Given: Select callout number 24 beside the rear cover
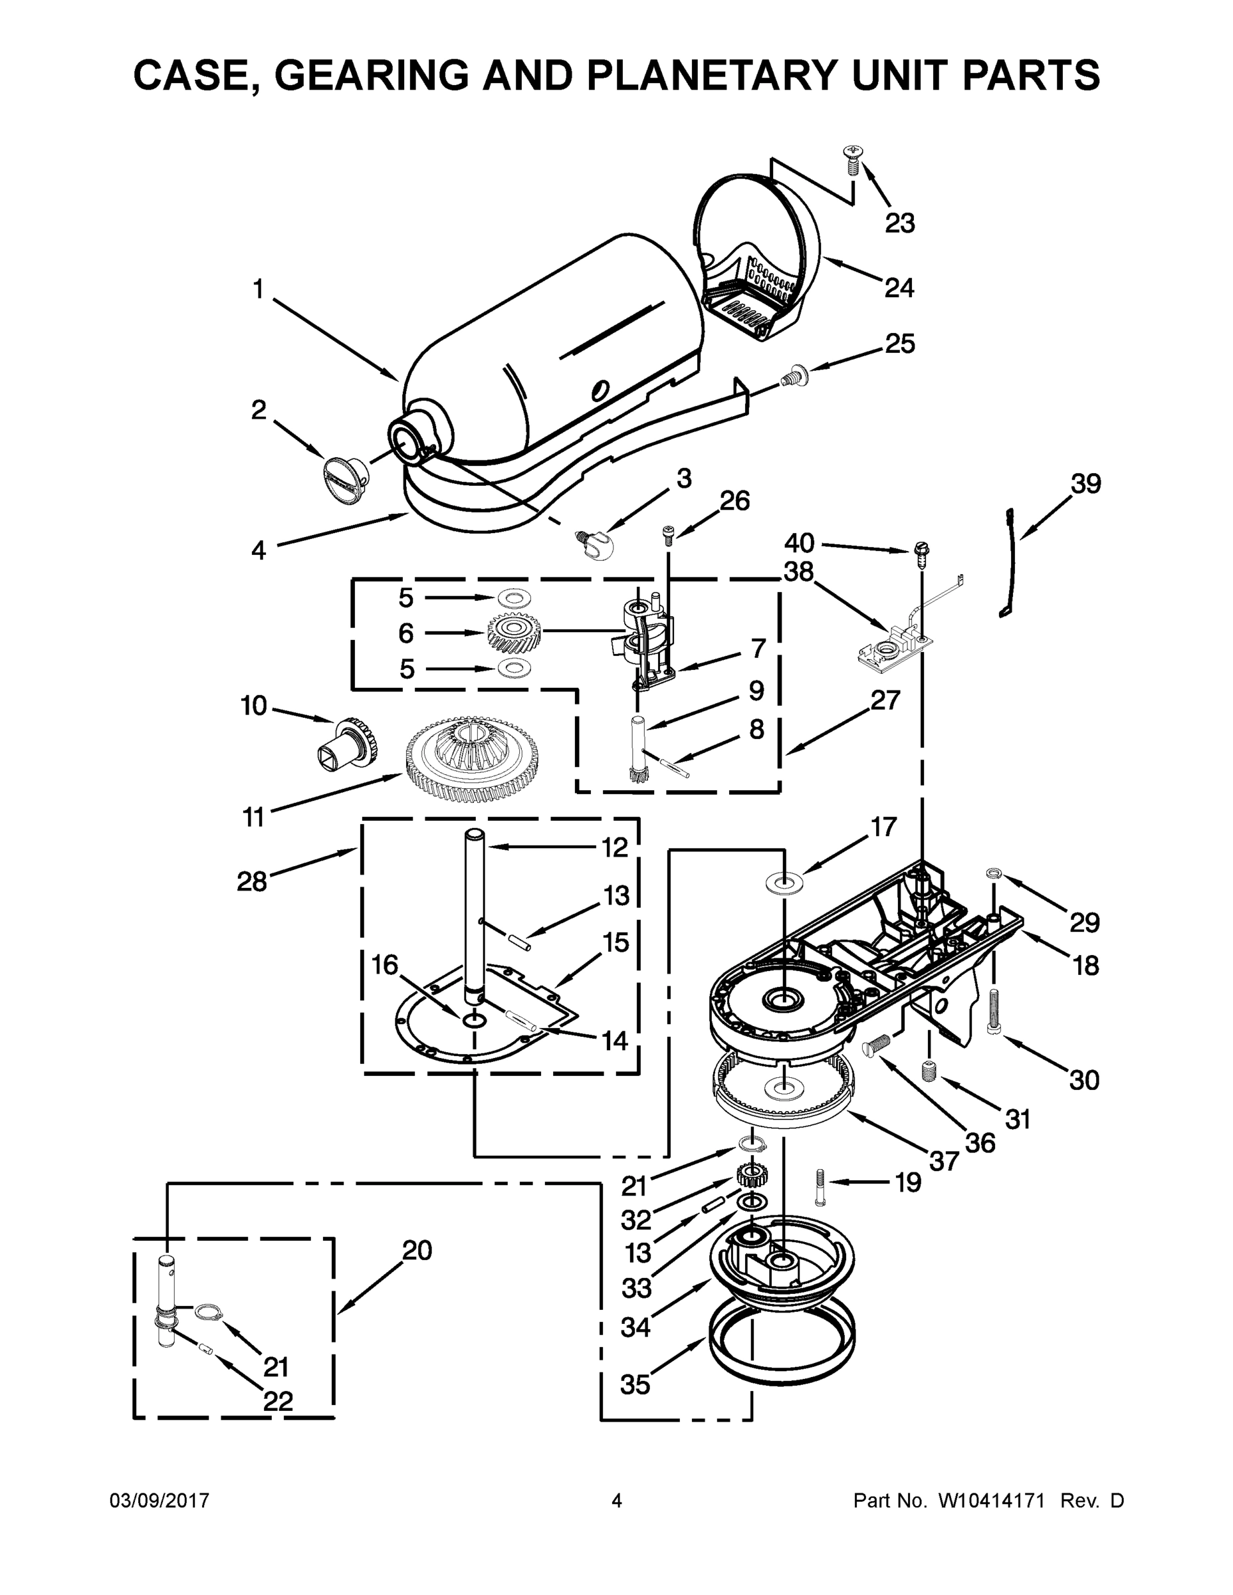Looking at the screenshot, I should tap(899, 288).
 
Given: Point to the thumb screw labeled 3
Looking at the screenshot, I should tap(595, 545).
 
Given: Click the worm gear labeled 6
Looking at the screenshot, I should tap(514, 633).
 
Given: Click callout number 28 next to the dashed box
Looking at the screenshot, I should tap(252, 881).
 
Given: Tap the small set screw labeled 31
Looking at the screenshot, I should tap(929, 1072).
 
